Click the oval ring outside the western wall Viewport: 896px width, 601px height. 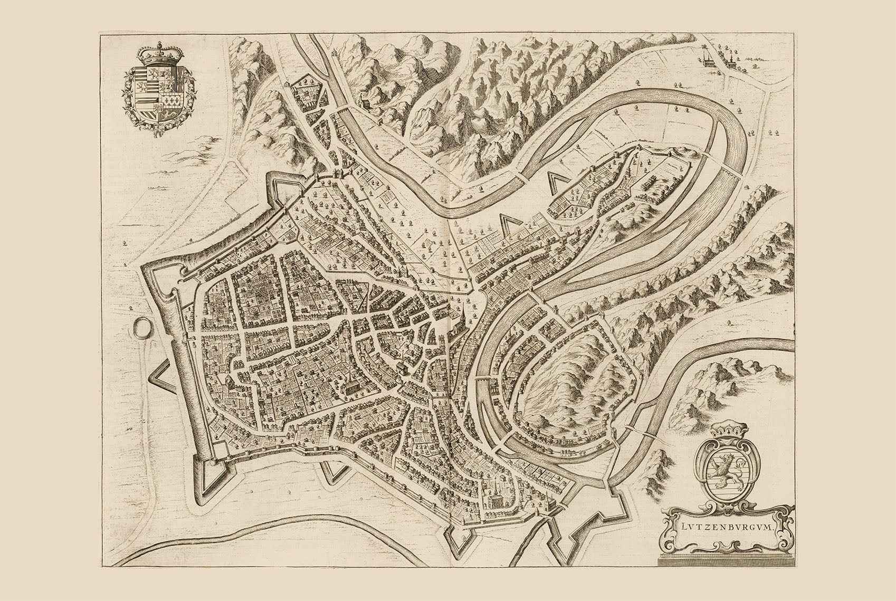[x=141, y=329]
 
